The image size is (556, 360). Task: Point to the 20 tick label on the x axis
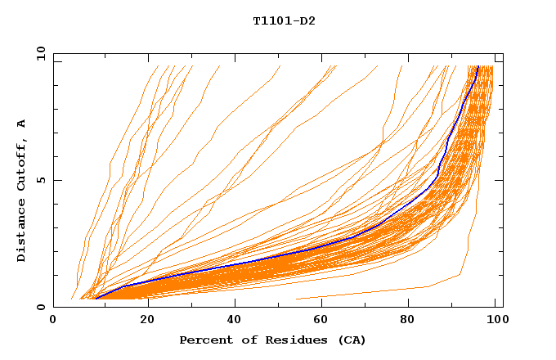pyautogui.click(x=142, y=322)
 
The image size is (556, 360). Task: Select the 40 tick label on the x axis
pyautogui.click(x=231, y=322)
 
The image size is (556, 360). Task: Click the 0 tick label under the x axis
pyautogui.click(x=54, y=322)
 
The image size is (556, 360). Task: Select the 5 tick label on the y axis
pyautogui.click(x=39, y=180)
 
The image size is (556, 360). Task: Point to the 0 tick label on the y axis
pyautogui.click(x=39, y=307)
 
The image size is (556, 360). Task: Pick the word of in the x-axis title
pyautogui.click(x=243, y=340)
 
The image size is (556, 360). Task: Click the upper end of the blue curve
pyautogui.click(x=478, y=67)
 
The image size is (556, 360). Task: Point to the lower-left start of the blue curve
pyautogui.click(x=96, y=298)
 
